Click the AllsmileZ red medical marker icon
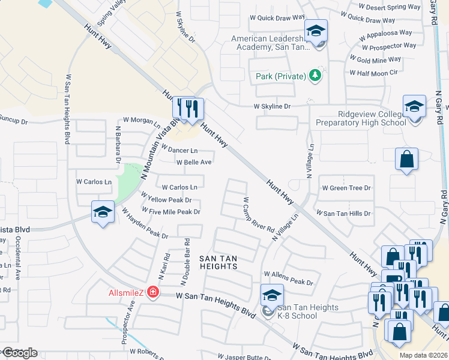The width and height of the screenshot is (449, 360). (x=153, y=292)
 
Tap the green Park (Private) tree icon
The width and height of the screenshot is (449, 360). (x=314, y=76)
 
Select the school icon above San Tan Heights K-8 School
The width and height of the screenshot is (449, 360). (x=271, y=295)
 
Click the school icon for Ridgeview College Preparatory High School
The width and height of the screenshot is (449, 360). (x=414, y=106)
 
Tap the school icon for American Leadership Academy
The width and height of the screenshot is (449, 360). (x=315, y=31)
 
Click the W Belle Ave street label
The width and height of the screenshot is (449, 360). (x=193, y=162)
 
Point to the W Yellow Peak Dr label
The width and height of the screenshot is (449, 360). (x=166, y=199)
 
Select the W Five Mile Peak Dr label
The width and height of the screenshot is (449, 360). (x=170, y=211)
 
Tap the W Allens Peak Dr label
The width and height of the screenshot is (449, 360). (x=292, y=277)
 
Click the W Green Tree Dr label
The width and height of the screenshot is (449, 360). (x=346, y=188)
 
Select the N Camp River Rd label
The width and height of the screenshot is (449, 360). (x=259, y=216)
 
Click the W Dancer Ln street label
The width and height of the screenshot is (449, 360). (x=179, y=150)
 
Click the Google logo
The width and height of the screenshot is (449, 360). (x=20, y=353)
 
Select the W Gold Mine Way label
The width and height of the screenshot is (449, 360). (x=378, y=60)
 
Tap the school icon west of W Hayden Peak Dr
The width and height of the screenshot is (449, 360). (x=103, y=212)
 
